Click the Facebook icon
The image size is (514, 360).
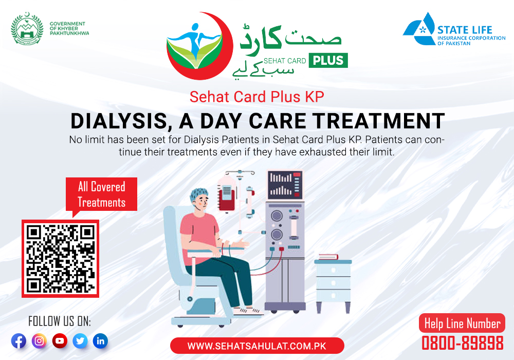19,341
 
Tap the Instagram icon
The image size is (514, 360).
39,341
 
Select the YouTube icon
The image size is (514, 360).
60,341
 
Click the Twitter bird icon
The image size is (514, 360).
80,341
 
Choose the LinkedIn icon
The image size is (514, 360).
100,341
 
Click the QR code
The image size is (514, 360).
60,259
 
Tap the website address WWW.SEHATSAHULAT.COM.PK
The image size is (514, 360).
257,346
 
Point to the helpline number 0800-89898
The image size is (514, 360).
462,343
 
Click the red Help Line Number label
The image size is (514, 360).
462,323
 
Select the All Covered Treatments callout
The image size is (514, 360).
102,194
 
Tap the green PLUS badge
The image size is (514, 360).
328,60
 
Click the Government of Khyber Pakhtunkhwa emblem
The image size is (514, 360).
27,29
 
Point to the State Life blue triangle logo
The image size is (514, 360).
419,29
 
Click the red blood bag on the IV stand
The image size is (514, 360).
226,196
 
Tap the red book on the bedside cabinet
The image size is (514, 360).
328,257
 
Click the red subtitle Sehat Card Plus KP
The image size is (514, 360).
257,97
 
